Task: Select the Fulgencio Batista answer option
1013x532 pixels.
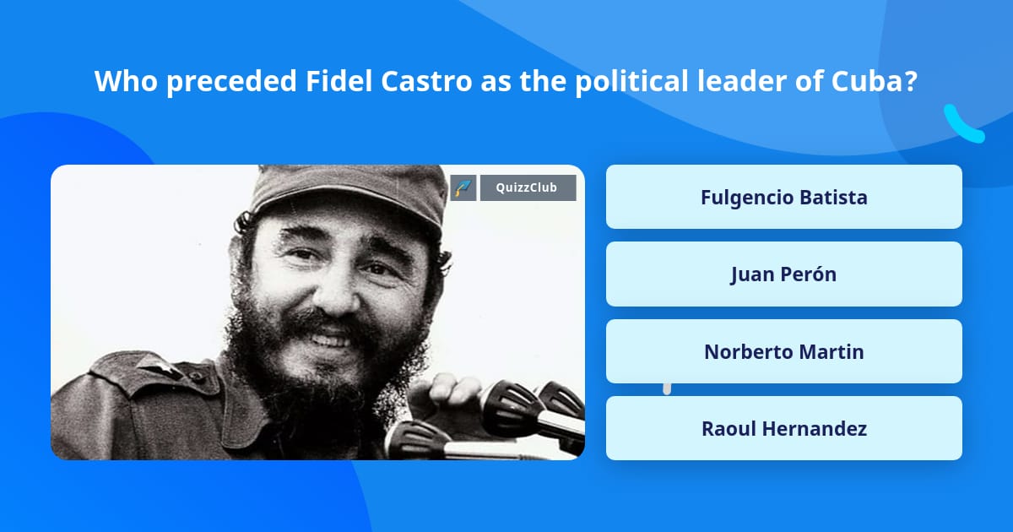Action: pyautogui.click(x=783, y=197)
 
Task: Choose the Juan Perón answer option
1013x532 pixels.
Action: pyautogui.click(x=783, y=274)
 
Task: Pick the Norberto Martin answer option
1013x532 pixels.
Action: pyautogui.click(x=783, y=351)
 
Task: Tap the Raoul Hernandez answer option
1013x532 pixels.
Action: pyautogui.click(x=783, y=428)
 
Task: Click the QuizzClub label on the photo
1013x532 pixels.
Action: pyautogui.click(x=528, y=187)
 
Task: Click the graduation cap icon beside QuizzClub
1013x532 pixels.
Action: pyautogui.click(x=463, y=187)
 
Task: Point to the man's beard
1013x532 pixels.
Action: pyautogui.click(x=338, y=372)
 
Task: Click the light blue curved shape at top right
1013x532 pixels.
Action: pyautogui.click(x=963, y=124)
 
